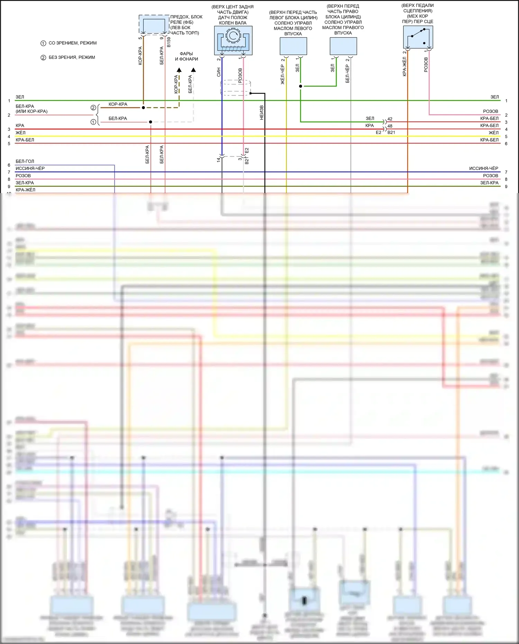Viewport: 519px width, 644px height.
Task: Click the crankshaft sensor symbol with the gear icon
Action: [233, 40]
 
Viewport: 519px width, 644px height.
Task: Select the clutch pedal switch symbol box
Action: [418, 37]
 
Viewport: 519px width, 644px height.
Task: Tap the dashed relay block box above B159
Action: [154, 25]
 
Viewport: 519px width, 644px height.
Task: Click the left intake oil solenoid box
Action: [293, 46]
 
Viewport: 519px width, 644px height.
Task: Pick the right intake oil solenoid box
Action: [343, 46]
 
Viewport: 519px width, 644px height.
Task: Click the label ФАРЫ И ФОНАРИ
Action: [186, 56]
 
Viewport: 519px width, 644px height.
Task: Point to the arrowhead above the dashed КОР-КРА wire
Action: [179, 70]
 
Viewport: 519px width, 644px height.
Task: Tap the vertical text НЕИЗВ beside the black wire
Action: [262, 113]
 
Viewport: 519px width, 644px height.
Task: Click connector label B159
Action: [169, 42]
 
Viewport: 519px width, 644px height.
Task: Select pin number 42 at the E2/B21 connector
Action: [390, 119]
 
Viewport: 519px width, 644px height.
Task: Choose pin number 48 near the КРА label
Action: [390, 126]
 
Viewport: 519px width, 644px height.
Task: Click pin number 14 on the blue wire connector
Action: [218, 160]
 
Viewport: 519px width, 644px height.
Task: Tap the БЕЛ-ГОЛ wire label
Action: [25, 161]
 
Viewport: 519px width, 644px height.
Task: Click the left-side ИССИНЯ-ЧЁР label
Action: [30, 169]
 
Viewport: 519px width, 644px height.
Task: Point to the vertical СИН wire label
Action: [219, 72]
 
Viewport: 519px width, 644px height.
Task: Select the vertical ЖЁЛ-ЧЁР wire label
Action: [282, 74]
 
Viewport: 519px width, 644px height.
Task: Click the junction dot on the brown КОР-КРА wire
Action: [143, 108]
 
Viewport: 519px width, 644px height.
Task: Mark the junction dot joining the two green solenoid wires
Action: [300, 86]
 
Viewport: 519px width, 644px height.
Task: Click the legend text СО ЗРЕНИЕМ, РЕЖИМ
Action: [73, 43]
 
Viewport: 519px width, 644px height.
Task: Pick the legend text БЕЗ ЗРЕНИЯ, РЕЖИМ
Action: [72, 57]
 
